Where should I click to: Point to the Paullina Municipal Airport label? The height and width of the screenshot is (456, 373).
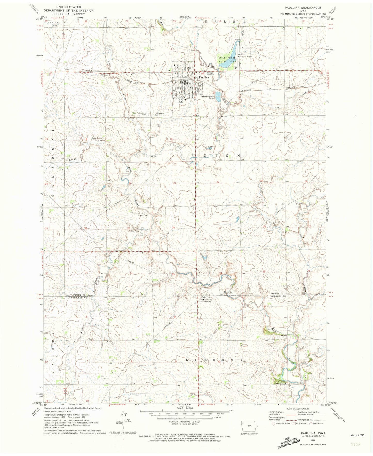coord(245,55)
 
